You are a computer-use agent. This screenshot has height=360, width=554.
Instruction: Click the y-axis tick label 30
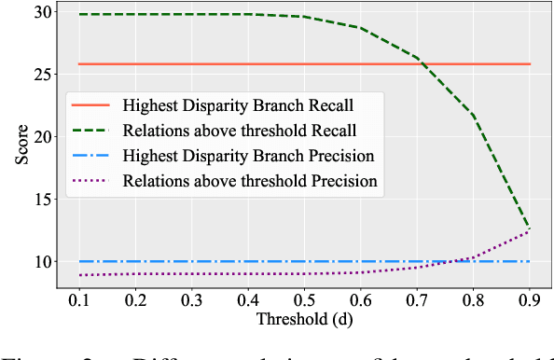coord(42,11)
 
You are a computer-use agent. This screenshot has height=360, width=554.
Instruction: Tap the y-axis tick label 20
coord(42,136)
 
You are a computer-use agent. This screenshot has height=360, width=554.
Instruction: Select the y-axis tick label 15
coord(42,199)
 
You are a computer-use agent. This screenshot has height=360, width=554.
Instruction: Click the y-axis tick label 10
coord(42,262)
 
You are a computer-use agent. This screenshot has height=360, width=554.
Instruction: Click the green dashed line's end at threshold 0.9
coord(530,227)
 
